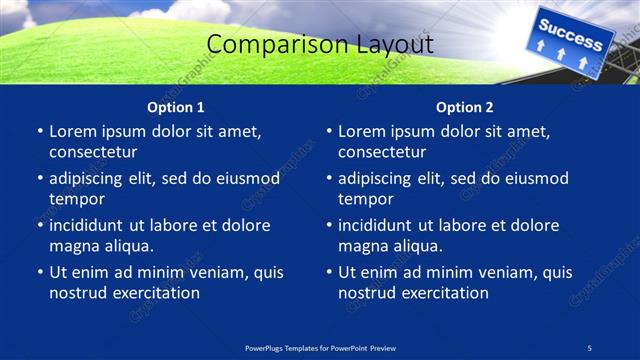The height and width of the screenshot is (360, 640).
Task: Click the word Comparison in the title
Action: (265, 45)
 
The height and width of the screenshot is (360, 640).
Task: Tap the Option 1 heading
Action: (175, 107)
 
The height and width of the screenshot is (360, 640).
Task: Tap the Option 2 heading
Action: (464, 107)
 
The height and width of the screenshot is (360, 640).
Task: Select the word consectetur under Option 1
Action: (93, 152)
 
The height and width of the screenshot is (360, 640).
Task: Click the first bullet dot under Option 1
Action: (39, 132)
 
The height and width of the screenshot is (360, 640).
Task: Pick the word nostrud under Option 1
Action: (78, 293)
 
